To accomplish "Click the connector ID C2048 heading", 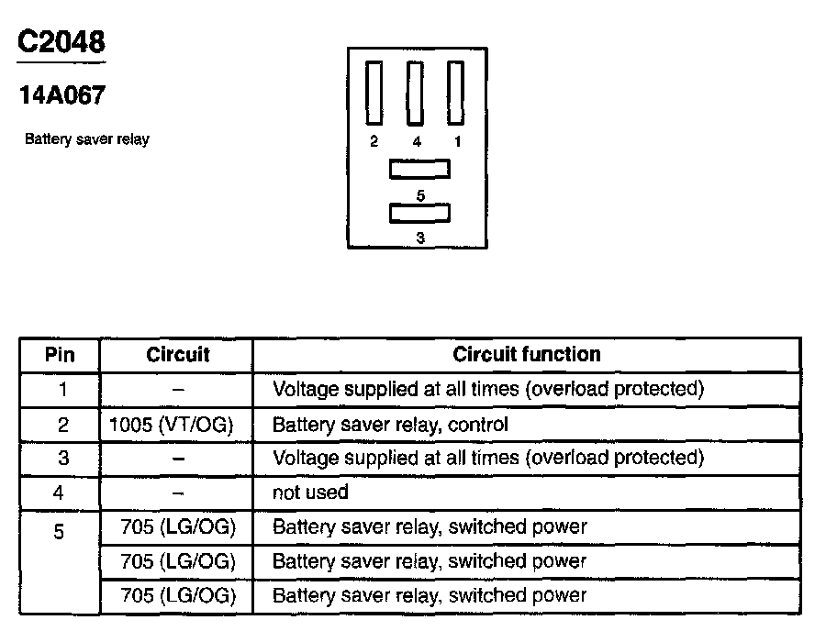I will [x=61, y=42].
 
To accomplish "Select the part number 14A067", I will [x=61, y=95].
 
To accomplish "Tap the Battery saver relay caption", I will [x=86, y=139].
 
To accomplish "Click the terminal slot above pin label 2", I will [x=374, y=93].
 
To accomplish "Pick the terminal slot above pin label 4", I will [x=415, y=93].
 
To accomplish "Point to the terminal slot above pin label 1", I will [x=456, y=93].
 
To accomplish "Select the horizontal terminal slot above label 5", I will [x=419, y=170].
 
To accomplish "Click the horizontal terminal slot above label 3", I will [x=419, y=213].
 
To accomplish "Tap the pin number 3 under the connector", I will [x=420, y=238].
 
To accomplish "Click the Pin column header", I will [x=60, y=355].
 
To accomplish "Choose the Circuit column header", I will [x=177, y=355].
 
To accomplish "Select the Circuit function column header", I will [x=527, y=354].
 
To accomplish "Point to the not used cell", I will [x=310, y=493].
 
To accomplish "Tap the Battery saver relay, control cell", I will [x=390, y=425].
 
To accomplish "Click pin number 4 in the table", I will [x=60, y=493].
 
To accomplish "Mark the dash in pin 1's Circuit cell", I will [x=177, y=390].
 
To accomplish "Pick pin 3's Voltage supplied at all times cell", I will [x=487, y=458].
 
